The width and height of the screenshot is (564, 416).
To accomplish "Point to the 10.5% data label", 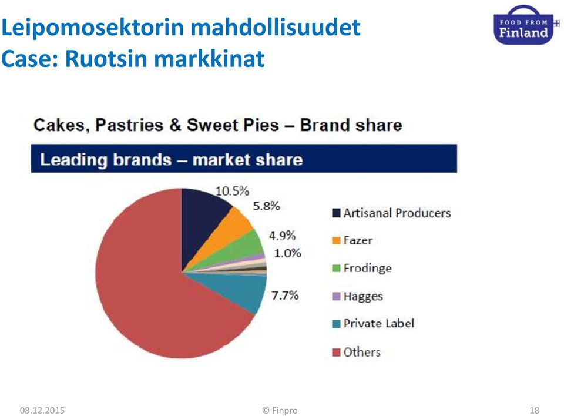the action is click(233, 191).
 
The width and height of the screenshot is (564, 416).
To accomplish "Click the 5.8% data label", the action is click(267, 206).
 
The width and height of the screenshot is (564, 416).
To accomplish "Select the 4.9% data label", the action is click(283, 236).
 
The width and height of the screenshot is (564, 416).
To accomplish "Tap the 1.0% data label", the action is click(287, 253).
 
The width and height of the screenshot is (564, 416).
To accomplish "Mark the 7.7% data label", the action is click(285, 296).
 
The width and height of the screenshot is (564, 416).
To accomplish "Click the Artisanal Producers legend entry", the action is click(391, 213).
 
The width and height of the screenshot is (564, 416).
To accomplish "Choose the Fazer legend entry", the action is click(352, 240).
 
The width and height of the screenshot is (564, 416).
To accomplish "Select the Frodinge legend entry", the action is click(361, 268).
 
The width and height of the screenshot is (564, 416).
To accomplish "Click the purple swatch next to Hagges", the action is click(336, 296).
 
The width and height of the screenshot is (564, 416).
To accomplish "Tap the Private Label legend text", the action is click(379, 323).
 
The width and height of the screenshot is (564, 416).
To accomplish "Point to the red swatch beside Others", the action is click(336, 353).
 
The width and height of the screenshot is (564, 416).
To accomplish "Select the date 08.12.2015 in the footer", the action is click(42, 410).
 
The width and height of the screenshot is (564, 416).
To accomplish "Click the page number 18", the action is click(535, 410).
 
